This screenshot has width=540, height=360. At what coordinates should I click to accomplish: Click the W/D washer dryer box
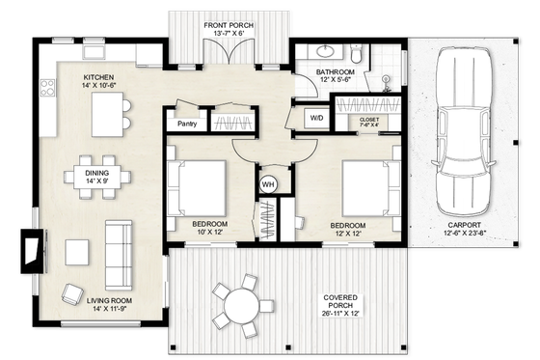(x=316, y=118)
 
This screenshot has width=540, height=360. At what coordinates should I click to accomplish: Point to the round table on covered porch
(x=237, y=307)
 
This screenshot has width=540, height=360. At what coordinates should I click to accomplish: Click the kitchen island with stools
(x=109, y=116)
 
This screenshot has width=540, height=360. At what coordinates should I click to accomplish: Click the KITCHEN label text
(x=99, y=79)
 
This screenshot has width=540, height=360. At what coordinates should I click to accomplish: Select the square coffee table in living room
(x=76, y=251)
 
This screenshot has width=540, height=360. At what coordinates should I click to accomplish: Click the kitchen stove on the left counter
(x=44, y=89)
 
